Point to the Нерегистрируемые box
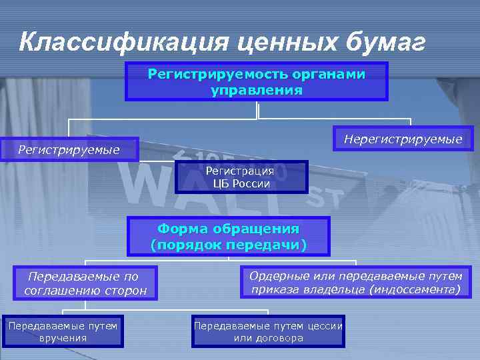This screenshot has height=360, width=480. click(x=403, y=139)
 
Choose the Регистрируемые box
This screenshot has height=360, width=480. click(x=69, y=150)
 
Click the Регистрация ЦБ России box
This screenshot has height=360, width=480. click(x=241, y=177)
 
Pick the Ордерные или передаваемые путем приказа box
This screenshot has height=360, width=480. click(x=355, y=283)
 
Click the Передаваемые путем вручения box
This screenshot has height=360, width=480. click(x=63, y=331)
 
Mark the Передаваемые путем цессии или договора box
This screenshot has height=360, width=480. click(x=268, y=331)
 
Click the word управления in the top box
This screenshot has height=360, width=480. click(x=257, y=89)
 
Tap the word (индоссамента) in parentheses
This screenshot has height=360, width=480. click(x=418, y=289)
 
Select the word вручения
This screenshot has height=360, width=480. click(x=63, y=338)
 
